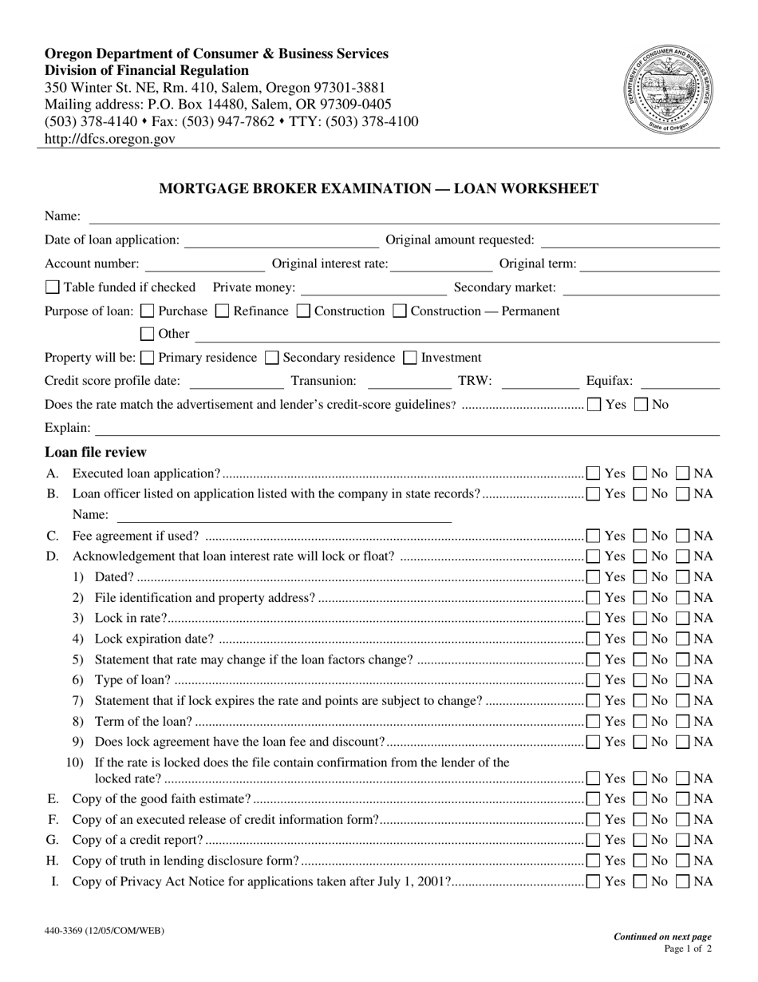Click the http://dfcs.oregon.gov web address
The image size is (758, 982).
click(x=110, y=138)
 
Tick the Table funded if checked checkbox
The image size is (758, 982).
click(x=53, y=287)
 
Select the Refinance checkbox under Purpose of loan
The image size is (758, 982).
click(x=223, y=311)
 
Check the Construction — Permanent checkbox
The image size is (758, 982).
click(x=401, y=311)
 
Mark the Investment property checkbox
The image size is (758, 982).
click(x=411, y=358)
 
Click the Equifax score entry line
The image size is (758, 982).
click(x=680, y=382)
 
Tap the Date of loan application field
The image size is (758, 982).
click(x=281, y=240)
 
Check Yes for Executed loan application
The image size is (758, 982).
click(x=594, y=473)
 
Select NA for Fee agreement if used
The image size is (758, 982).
click(x=684, y=536)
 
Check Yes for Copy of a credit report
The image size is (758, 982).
click(x=594, y=840)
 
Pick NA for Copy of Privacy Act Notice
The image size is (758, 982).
click(x=684, y=881)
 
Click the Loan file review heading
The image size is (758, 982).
click(x=96, y=452)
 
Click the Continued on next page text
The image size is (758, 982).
click(x=661, y=937)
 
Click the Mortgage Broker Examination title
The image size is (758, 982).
click(x=379, y=189)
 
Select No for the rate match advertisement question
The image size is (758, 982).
click(x=642, y=405)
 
